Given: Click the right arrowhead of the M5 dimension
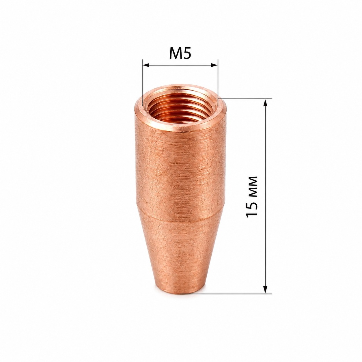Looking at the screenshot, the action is pyautogui.click(x=214, y=65).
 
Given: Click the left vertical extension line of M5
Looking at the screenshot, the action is pyautogui.click(x=143, y=83).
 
